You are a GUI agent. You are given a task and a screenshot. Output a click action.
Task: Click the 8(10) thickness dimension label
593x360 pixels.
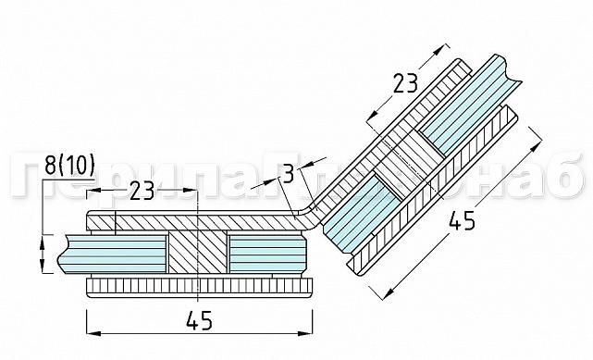[70, 166]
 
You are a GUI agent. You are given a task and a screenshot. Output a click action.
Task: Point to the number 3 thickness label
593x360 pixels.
[289, 173]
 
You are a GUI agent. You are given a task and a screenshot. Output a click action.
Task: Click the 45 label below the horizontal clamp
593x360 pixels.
[199, 321]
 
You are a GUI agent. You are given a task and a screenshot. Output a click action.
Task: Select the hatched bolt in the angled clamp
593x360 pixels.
[399, 170]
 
